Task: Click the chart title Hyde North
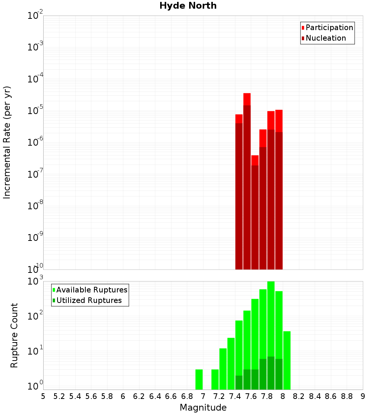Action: (188, 6)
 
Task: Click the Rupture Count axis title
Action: (14, 335)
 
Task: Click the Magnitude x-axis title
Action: (203, 408)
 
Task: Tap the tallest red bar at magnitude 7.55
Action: (247, 181)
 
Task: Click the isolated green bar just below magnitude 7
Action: (199, 379)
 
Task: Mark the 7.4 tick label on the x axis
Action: (235, 396)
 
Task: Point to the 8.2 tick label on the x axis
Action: (299, 396)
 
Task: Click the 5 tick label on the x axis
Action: (43, 396)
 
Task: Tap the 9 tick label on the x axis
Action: (363, 396)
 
